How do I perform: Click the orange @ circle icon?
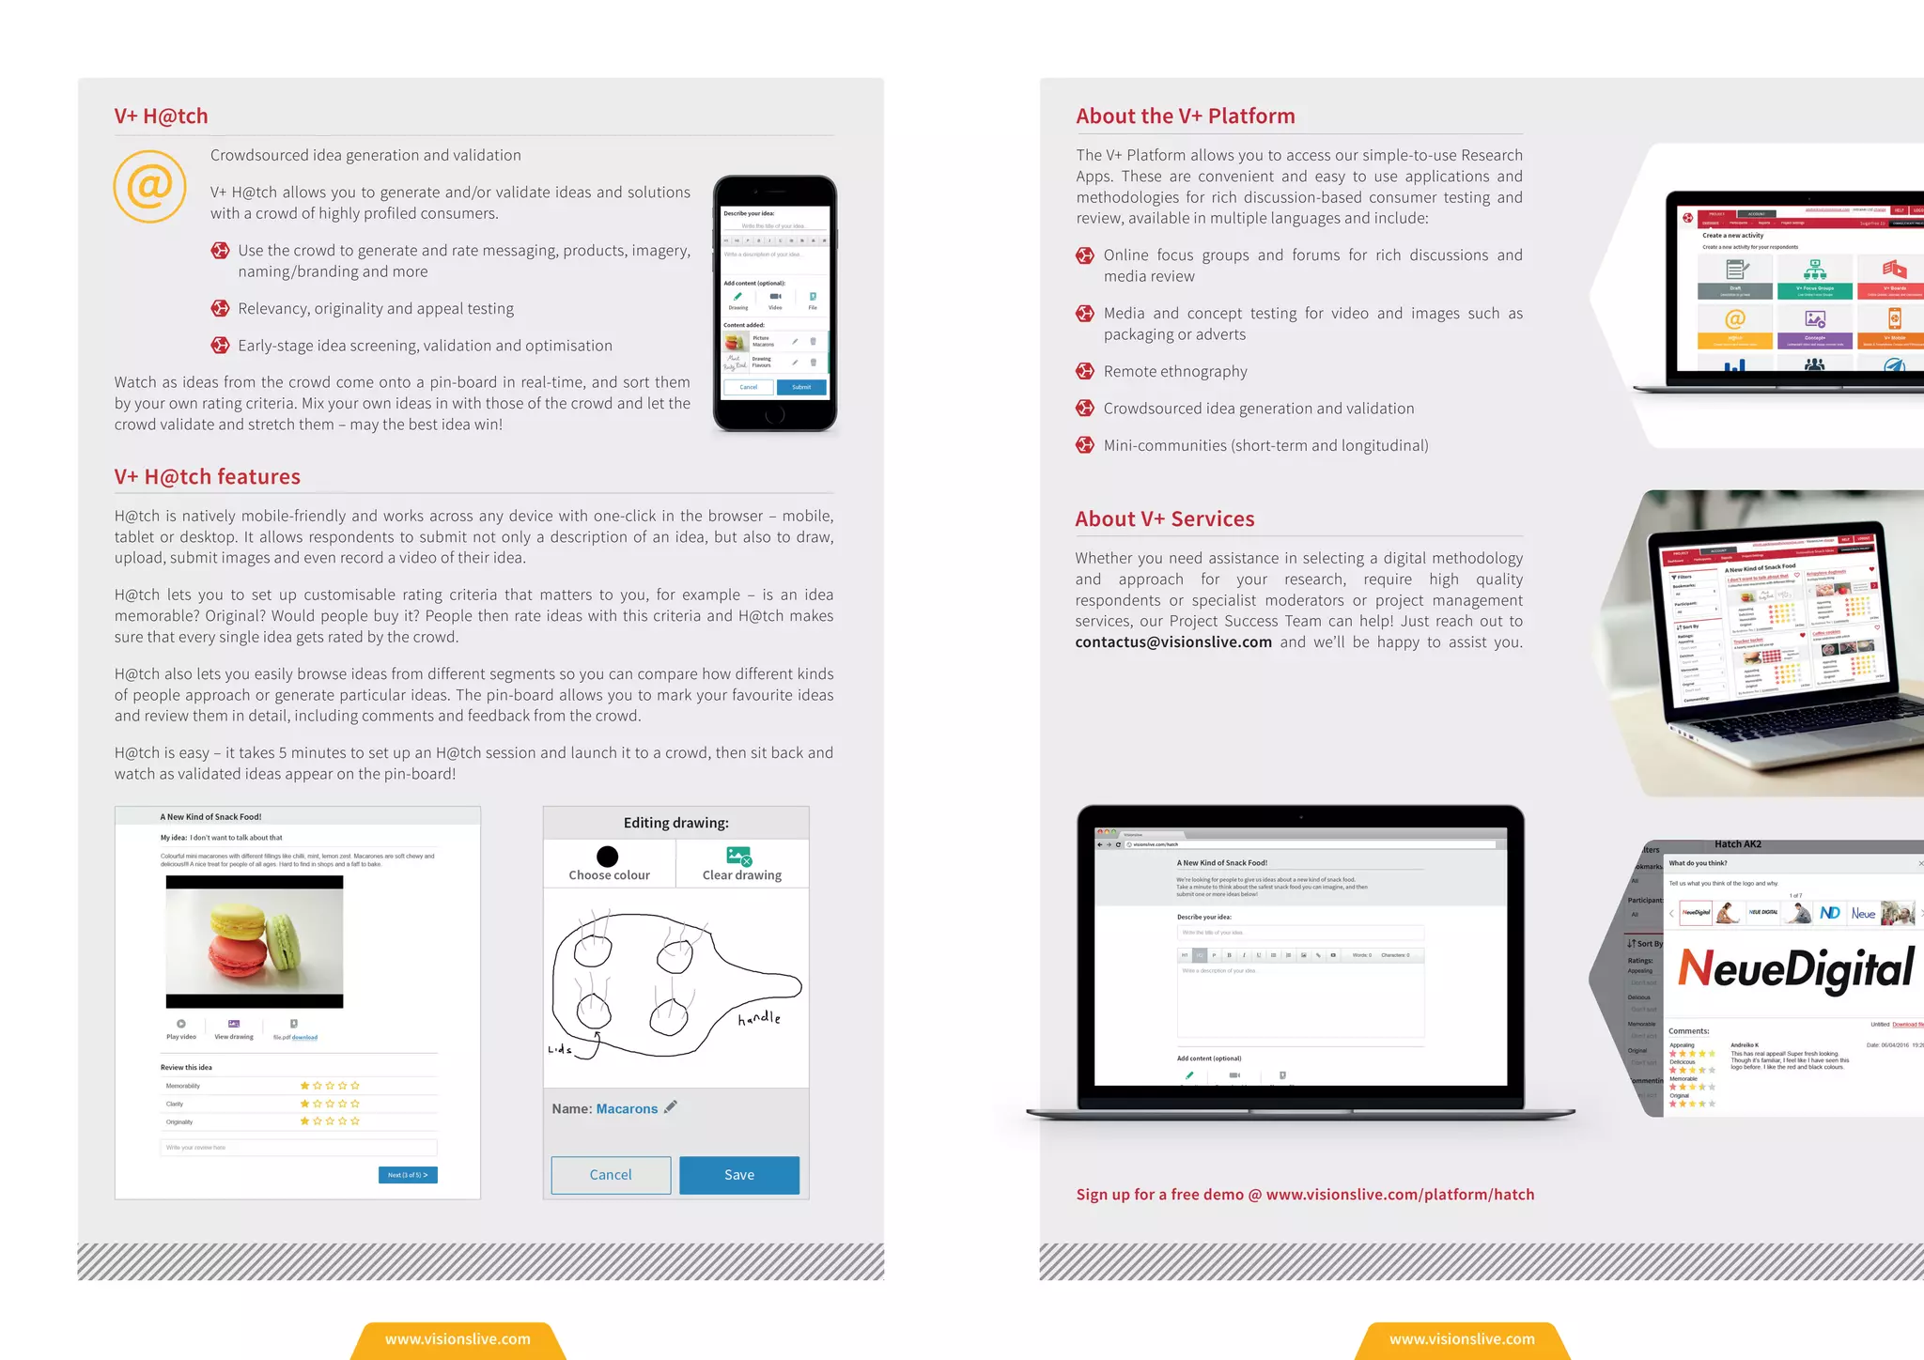149,186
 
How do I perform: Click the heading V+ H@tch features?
207,476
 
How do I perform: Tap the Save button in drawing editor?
738,1175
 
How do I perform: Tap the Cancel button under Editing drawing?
611,1175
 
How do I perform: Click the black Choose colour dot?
608,856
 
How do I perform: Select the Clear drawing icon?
739,856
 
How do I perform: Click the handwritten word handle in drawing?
759,1018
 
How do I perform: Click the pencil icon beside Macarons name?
671,1106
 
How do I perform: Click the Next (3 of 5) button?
408,1175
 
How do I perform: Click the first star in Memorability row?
304,1086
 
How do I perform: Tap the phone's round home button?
775,414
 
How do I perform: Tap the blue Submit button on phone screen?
801,387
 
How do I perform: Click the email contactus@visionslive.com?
1173,642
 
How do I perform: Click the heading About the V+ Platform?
1185,116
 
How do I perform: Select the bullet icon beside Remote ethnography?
1085,371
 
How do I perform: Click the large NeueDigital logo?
1795,968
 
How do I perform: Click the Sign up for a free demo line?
1305,1195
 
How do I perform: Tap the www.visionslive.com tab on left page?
458,1339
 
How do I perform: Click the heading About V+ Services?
1164,519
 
